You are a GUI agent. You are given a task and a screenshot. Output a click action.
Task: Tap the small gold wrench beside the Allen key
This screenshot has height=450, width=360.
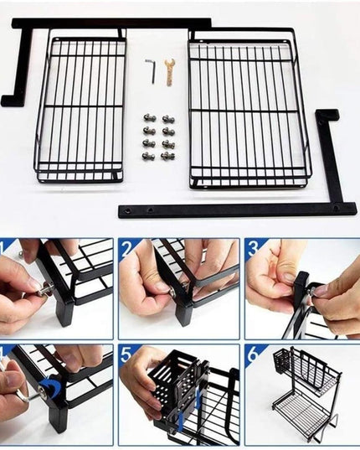[170, 71]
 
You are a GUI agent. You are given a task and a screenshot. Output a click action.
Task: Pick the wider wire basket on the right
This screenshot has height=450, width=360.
[249, 109]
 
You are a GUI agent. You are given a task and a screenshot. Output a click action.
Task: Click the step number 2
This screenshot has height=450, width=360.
[126, 248]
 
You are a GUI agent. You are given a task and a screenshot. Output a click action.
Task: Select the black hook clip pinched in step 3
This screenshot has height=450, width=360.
[301, 289]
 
